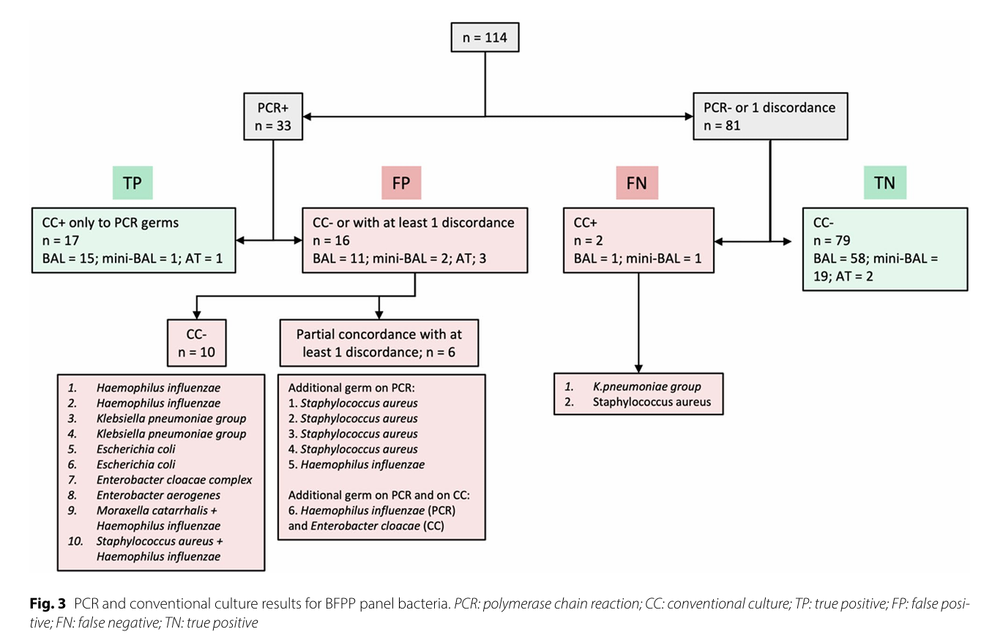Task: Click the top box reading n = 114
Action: [485, 37]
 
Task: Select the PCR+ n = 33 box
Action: [273, 116]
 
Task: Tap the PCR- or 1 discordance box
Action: [770, 116]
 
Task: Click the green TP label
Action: [133, 183]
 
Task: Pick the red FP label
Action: [401, 183]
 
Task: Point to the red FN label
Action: [637, 183]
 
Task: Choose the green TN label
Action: [885, 183]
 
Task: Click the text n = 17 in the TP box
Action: [61, 240]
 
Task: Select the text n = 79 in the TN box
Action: [832, 240]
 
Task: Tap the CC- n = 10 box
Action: [197, 343]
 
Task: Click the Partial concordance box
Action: [379, 343]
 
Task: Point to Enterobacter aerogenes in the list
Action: [158, 495]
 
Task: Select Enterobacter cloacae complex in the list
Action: [174, 480]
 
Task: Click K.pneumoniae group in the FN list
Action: [647, 387]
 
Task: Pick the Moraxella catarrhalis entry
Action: [157, 510]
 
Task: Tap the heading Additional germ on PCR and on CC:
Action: [379, 495]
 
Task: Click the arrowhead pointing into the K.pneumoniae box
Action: [638, 368]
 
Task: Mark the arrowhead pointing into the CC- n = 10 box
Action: [197, 315]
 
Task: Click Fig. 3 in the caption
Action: [48, 603]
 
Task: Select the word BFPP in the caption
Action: [340, 603]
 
